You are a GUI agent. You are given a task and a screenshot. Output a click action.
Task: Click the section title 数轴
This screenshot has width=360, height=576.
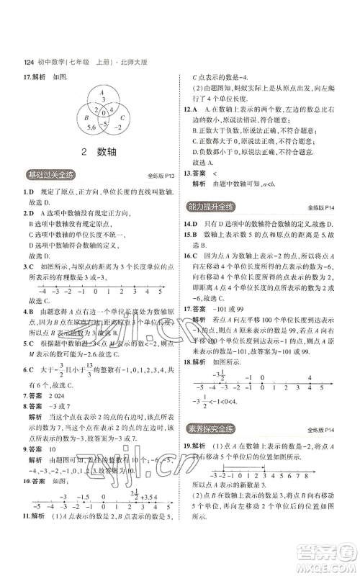point(107,152)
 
